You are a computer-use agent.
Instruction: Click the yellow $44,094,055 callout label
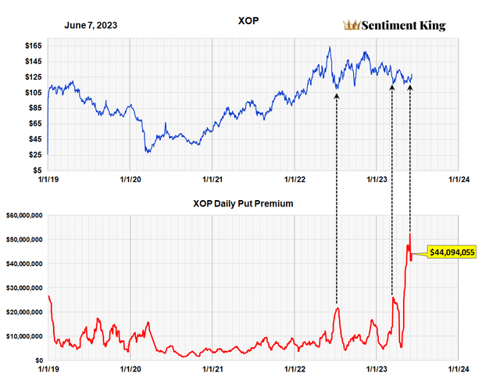tap(452, 252)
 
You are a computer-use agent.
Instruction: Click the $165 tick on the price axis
tap(33, 46)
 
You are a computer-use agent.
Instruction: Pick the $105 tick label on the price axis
tap(33, 92)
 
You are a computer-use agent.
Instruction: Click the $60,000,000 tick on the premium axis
tap(26, 215)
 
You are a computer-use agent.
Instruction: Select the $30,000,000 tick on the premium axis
tap(26, 288)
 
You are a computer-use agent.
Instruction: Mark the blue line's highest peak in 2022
tap(330, 47)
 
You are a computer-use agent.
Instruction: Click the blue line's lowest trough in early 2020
tap(148, 152)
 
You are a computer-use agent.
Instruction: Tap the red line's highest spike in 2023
tap(409, 233)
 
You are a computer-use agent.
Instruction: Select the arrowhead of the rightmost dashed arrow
tap(410, 86)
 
